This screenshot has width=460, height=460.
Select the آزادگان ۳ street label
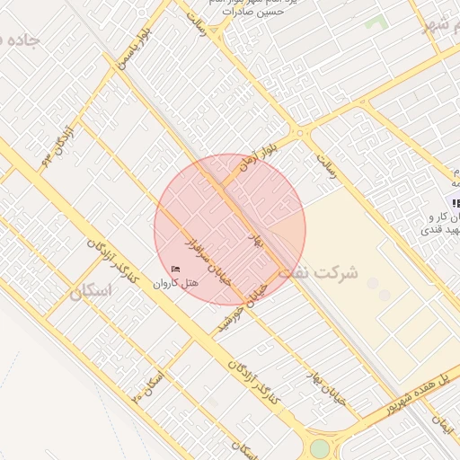pos(57,144)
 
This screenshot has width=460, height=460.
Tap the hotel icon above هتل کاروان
pos(175,269)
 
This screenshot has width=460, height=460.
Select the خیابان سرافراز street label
pos(209,261)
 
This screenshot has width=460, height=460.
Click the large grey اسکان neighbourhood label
pos(93,291)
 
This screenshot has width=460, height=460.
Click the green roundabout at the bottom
pos(320,447)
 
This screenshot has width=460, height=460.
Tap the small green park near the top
pos(376,21)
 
